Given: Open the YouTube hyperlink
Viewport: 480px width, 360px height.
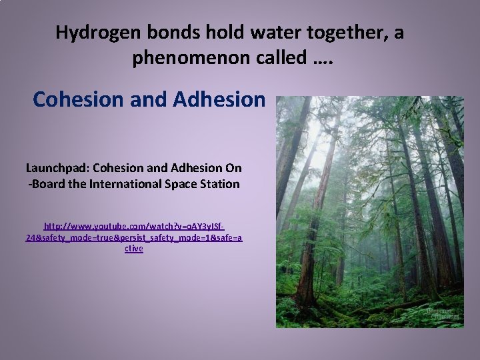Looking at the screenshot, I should (x=133, y=237).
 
